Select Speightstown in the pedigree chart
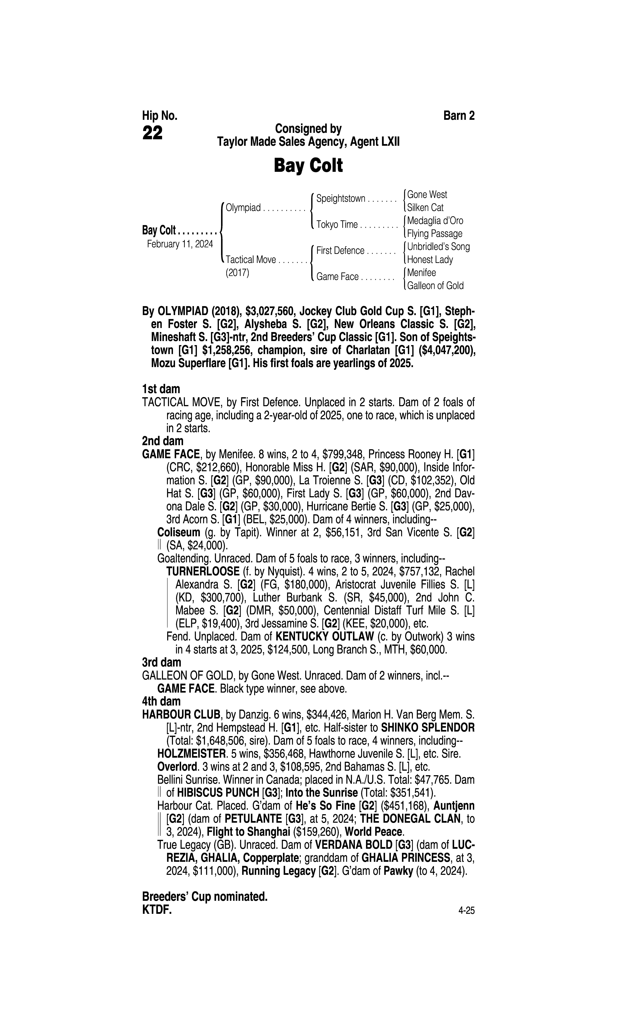(x=340, y=199)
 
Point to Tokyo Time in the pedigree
(x=337, y=225)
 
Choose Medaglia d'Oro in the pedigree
(x=435, y=221)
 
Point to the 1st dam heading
(x=161, y=389)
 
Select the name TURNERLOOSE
(x=202, y=572)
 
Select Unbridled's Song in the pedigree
(x=438, y=247)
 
